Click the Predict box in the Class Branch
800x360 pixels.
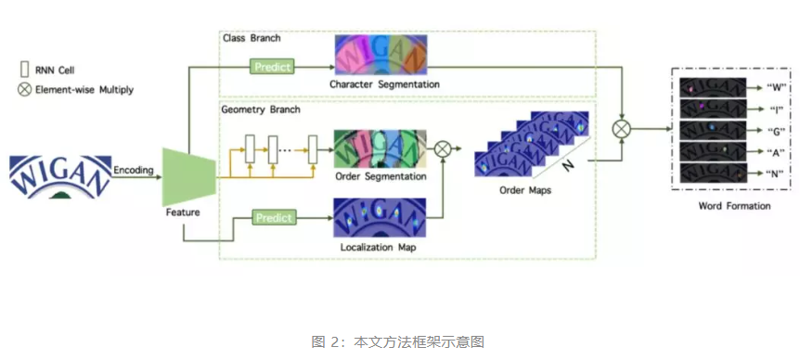[x=273, y=67]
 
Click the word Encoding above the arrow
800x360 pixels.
[x=133, y=170]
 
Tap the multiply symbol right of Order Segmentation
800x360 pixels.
[x=444, y=148]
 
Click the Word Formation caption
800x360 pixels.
[x=734, y=206]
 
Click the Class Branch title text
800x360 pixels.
[x=252, y=38]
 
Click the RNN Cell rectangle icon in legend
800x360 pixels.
[x=23, y=68]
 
